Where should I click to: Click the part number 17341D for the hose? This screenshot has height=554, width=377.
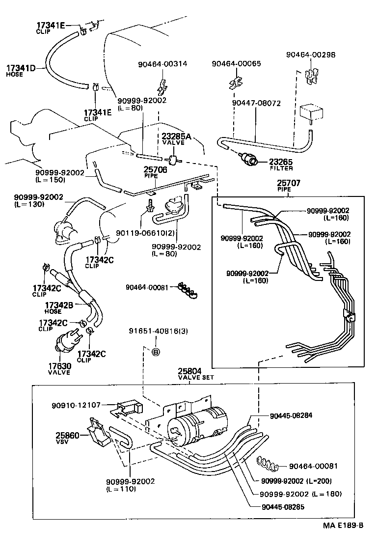pyautogui.click(x=21, y=68)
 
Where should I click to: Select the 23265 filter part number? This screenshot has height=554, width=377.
pyautogui.click(x=281, y=161)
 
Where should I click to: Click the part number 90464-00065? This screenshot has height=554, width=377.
pyautogui.click(x=236, y=64)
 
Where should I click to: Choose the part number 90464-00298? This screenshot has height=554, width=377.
pyautogui.click(x=311, y=55)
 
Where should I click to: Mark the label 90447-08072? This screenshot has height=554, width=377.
pyautogui.click(x=256, y=104)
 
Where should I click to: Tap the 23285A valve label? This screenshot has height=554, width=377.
pyautogui.click(x=173, y=136)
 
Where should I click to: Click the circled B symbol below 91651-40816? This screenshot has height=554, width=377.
pyautogui.click(x=155, y=352)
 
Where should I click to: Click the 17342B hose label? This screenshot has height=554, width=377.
pyautogui.click(x=59, y=305)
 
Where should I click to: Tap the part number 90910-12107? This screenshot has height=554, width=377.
pyautogui.click(x=76, y=405)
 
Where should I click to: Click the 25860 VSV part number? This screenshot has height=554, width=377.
pyautogui.click(x=67, y=435)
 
